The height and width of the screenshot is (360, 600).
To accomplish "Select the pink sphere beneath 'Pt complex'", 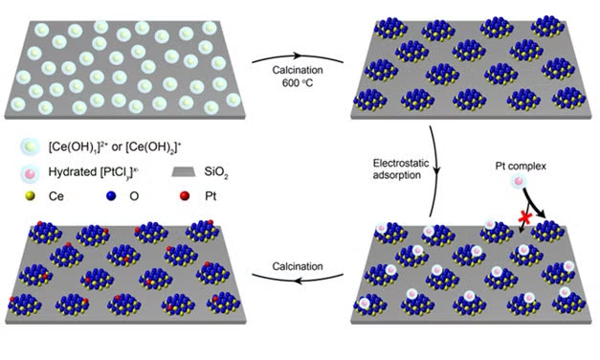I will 518,182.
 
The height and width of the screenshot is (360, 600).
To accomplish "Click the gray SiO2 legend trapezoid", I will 186,174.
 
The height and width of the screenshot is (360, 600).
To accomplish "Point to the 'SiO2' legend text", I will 219,174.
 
